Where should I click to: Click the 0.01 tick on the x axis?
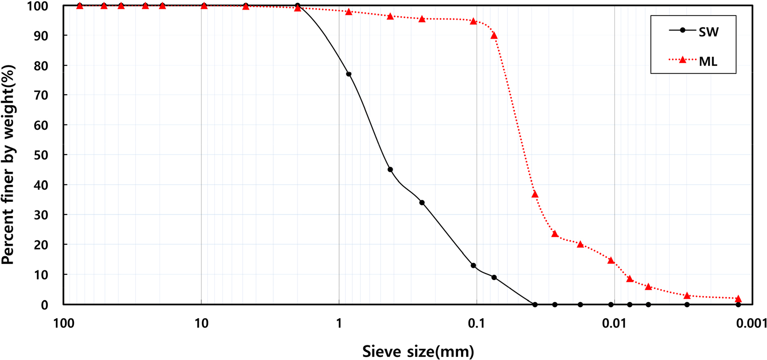pos(614,323)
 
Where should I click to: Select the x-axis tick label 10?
pos(201,323)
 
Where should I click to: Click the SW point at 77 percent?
pos(349,74)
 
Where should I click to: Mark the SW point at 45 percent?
pos(390,170)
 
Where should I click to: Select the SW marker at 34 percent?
pos(422,202)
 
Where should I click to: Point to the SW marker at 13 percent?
pos(473,265)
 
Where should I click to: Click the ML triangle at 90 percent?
pos(494,35)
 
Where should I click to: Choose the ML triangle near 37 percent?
pos(535,194)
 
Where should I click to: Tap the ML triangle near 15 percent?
pos(611,260)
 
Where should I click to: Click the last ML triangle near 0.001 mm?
pos(738,299)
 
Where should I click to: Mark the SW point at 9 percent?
pos(494,277)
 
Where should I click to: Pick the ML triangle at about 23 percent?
pos(555,234)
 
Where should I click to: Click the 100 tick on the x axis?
pos(63,323)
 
